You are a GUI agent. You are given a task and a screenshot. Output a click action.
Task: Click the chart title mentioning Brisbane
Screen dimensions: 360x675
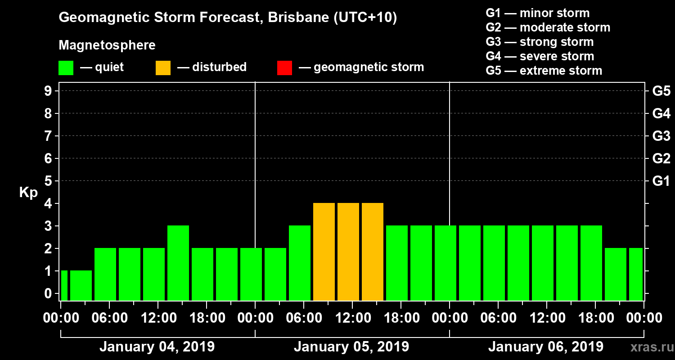coord(228,18)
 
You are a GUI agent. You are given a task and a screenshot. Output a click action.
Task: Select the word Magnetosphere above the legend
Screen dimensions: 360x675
coord(107,45)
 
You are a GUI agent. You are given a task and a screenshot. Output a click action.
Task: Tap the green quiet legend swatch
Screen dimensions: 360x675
coord(66,67)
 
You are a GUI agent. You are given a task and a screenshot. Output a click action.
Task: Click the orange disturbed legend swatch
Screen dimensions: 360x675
coord(163,67)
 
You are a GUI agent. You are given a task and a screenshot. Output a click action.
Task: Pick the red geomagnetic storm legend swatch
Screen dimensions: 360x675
coord(284,67)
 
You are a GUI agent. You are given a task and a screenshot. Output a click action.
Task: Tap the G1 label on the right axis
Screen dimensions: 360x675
coord(661,181)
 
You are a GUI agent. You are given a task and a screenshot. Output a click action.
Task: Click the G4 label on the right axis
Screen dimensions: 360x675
coord(661,114)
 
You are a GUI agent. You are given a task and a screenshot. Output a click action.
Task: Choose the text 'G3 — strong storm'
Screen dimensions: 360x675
coord(540,42)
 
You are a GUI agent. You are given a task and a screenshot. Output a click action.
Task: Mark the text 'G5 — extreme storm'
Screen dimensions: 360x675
coord(544,71)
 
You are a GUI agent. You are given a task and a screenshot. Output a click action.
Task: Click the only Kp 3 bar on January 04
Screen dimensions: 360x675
coord(178,263)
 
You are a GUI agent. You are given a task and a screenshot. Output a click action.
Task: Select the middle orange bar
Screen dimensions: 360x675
coord(348,252)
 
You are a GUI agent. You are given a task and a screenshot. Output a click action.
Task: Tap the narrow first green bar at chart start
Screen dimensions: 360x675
coord(64,285)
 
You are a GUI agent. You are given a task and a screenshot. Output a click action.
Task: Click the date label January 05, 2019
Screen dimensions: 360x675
coord(351,347)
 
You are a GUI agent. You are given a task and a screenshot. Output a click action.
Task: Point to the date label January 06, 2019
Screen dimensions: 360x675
coord(546,347)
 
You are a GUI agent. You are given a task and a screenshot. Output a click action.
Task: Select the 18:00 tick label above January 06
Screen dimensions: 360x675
coord(595,318)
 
